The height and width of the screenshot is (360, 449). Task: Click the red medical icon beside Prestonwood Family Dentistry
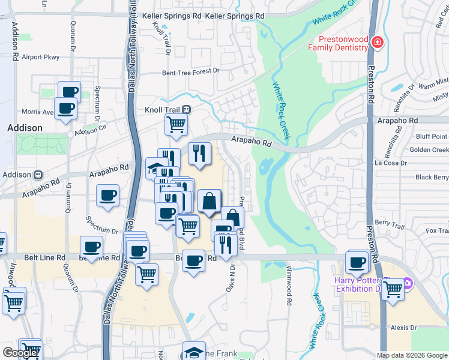tap(377, 42)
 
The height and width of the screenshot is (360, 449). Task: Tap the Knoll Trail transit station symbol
tap(187, 110)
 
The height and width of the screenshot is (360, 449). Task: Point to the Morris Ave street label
tap(37, 112)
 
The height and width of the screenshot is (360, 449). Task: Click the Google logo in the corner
tap(20, 353)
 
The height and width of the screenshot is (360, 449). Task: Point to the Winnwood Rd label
tap(289, 295)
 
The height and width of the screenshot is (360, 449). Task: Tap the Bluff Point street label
tap(431, 137)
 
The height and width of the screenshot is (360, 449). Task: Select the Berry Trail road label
tap(390, 221)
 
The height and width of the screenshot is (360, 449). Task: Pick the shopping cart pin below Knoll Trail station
tap(176, 125)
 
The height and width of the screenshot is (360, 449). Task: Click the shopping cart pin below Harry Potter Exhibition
tap(393, 289)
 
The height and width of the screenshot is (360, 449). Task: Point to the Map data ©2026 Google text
tap(412, 355)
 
